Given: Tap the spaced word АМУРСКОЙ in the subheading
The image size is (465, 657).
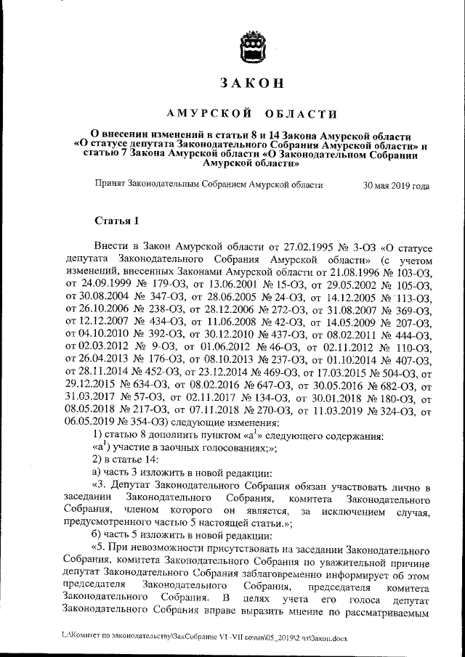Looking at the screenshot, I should point(209,114).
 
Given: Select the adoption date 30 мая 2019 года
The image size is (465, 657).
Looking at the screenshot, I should point(396,185).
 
